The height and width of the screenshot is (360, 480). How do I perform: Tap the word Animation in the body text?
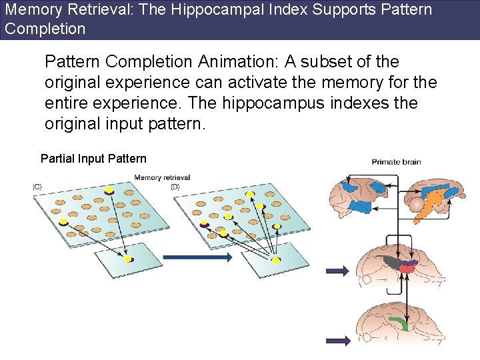coord(236,62)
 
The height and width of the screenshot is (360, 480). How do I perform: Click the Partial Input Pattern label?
coord(93,159)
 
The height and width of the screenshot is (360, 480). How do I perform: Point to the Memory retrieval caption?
coord(162,177)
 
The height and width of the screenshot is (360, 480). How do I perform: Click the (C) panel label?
coord(37,187)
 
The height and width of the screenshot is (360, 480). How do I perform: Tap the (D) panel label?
coord(175,187)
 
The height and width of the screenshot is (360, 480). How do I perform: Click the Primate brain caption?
coord(396,161)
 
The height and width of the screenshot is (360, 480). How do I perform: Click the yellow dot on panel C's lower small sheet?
coord(128,259)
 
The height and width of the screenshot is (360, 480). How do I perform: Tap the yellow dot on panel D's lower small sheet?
coord(276,259)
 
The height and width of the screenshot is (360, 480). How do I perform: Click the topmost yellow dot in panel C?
coord(109,190)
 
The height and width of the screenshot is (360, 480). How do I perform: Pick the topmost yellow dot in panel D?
coord(250,194)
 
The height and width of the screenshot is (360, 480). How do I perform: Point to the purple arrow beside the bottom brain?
coord(338,340)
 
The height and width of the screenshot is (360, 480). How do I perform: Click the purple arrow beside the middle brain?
coord(337,270)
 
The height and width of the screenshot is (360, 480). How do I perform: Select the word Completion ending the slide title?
coord(45,29)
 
